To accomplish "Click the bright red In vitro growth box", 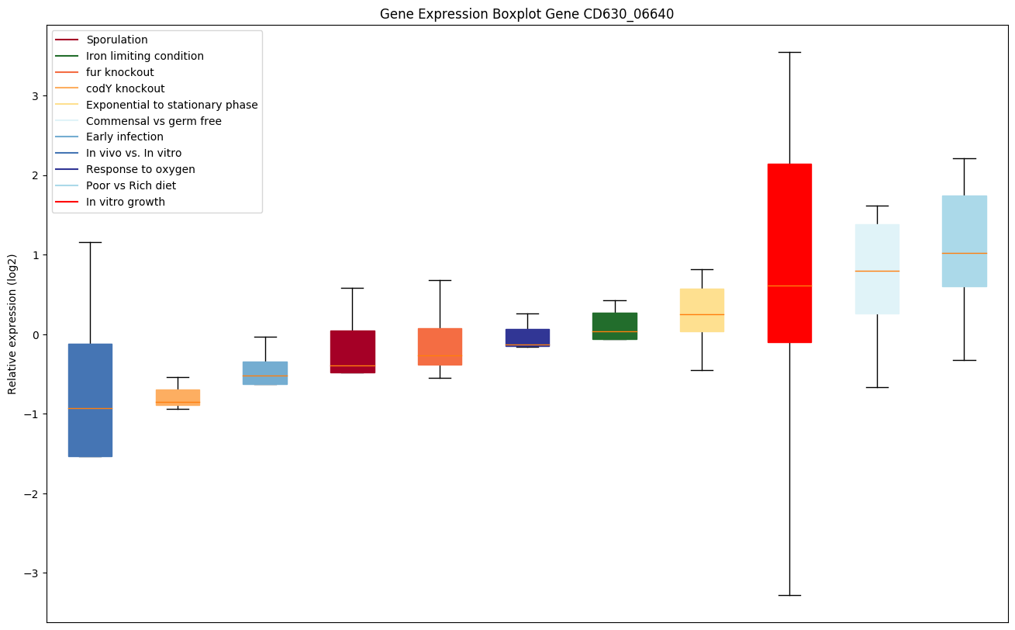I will click(789, 233).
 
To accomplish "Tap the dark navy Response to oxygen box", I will click(527, 337).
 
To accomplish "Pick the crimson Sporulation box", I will click(352, 349).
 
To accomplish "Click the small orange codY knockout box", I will click(178, 396).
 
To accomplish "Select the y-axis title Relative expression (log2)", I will click(12, 324).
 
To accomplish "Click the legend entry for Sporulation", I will click(117, 40).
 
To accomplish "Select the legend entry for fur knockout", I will click(120, 72).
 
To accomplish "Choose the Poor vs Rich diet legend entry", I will click(131, 185).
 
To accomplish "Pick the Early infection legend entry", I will click(125, 137).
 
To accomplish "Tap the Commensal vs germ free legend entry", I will click(154, 121).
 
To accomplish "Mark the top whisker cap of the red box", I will click(789, 52).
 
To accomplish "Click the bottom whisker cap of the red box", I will click(789, 595).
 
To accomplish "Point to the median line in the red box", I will click(789, 286).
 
